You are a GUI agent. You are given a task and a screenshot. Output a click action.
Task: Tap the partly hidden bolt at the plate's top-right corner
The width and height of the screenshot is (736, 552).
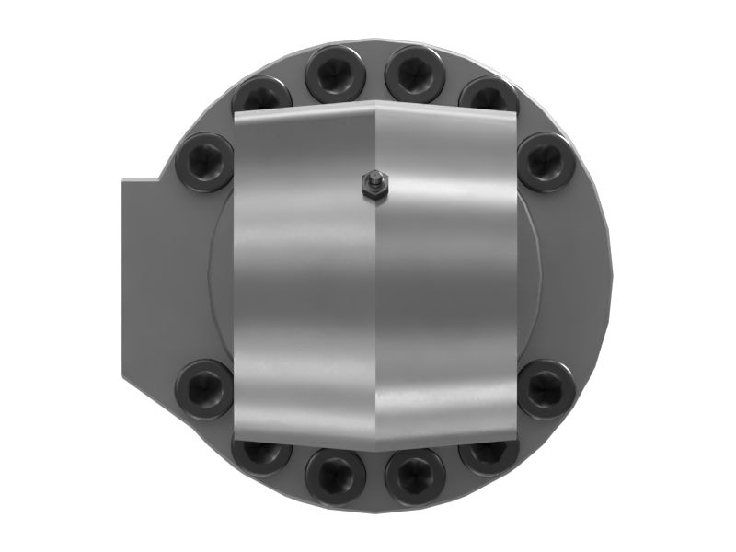[489, 95]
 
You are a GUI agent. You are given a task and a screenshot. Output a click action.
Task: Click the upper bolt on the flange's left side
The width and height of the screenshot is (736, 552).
[203, 162]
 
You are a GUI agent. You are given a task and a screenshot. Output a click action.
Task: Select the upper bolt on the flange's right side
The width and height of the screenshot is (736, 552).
[546, 162]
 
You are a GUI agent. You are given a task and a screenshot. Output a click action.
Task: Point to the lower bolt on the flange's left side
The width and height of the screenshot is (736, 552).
[203, 388]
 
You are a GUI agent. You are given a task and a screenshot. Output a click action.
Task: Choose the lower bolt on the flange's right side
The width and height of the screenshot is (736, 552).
[546, 388]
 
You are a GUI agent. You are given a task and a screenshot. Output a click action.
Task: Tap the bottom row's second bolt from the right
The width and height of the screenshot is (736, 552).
[414, 477]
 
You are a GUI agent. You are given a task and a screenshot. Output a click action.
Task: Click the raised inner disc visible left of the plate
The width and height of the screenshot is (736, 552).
[221, 276]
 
